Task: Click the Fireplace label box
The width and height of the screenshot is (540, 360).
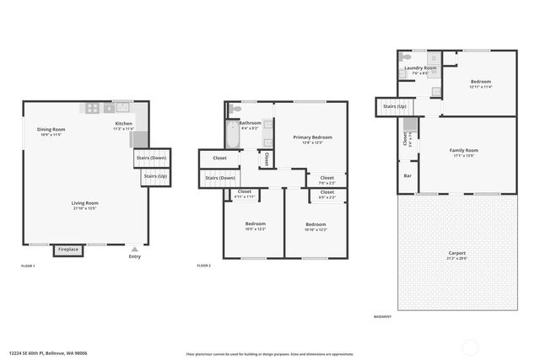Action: coord(67,250)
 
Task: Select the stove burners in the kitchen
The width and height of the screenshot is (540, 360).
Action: coord(92,108)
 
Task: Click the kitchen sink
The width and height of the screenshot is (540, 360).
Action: coord(121,107)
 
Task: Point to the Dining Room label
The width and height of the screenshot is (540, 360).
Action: coord(51,132)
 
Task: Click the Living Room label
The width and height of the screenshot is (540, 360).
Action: coord(84,205)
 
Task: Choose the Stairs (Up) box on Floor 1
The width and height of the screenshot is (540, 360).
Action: coord(154,176)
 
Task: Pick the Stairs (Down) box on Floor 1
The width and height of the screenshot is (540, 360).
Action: coord(153,158)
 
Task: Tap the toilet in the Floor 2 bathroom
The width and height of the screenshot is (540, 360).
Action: coord(235,109)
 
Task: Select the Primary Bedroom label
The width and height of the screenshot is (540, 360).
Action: coord(312,139)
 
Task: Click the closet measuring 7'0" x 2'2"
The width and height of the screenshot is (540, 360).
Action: coord(327,180)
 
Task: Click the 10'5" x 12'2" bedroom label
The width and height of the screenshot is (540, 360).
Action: coord(255,227)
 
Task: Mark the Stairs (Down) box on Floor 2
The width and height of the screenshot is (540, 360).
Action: coord(220,178)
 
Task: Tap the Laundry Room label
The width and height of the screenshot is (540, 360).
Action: coord(419,69)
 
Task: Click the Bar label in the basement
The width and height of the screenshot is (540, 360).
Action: coord(408,176)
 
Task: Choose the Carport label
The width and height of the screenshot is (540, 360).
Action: coord(456,255)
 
